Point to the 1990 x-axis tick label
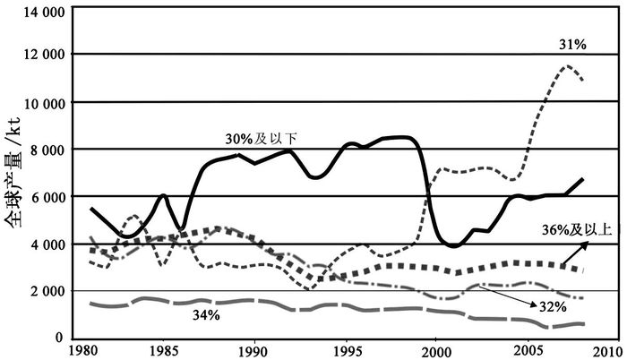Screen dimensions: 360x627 point(254,349)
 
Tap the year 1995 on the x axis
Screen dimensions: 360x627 point(345,349)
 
